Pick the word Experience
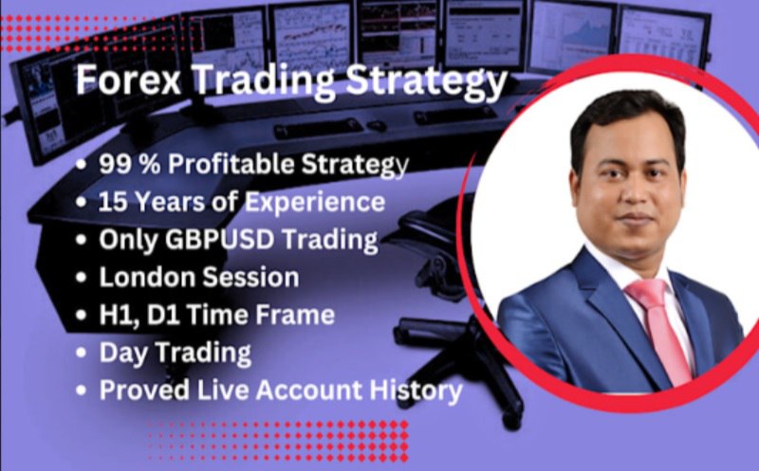pos(315,202)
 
